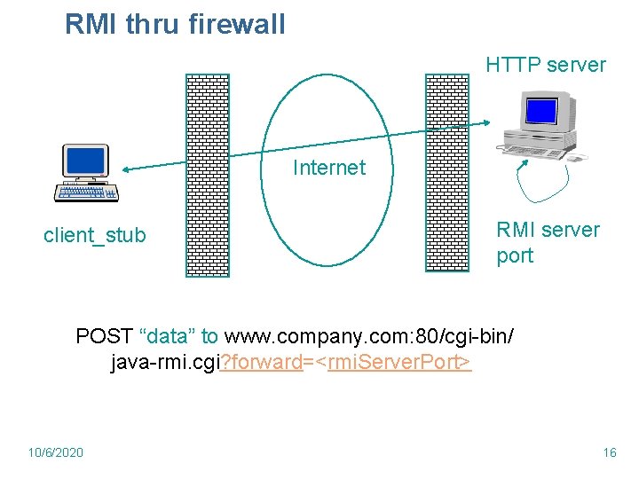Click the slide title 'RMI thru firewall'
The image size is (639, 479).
coord(175,24)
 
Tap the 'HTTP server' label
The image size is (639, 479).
coord(545,65)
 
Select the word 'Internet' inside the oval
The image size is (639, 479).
coord(328,168)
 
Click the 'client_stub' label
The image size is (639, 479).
coord(95,236)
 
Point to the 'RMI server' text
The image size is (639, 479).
coord(548,230)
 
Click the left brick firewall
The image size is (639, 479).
coord(207,176)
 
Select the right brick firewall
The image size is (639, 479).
coord(447,173)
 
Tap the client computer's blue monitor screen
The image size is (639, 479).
coord(85,161)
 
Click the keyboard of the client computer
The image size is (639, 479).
coord(86,192)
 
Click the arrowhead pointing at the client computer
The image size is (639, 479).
coord(127,169)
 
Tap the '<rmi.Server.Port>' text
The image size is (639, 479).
coord(398,362)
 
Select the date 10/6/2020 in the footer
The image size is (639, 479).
coord(56,452)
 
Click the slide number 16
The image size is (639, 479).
coord(609,452)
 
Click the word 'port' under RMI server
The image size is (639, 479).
coord(515,256)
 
